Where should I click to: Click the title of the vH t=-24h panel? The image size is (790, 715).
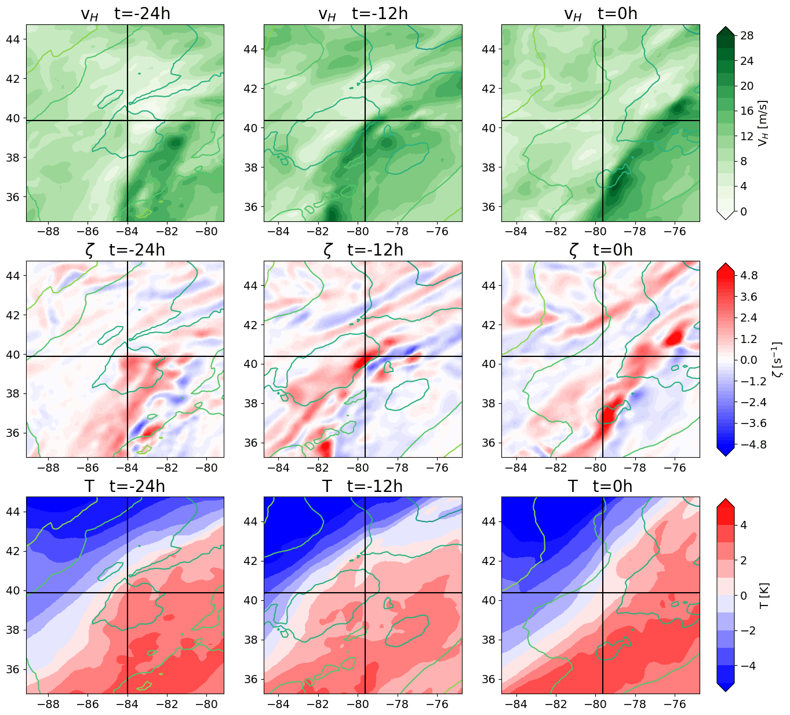(125, 13)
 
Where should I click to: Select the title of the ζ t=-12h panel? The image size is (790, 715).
(363, 250)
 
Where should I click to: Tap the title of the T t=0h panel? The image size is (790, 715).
(600, 486)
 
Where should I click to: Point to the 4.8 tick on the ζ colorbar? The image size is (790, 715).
(749, 276)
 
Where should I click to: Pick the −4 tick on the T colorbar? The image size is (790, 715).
(747, 666)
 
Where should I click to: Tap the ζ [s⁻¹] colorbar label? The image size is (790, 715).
(776, 359)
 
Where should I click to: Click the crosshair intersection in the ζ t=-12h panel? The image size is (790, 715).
(365, 356)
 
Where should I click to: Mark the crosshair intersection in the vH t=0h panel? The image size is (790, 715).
(603, 121)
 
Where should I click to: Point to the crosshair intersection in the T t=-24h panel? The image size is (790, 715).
(127, 593)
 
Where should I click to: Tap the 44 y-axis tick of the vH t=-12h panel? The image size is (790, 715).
(250, 49)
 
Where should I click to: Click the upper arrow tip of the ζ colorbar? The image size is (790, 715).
(727, 262)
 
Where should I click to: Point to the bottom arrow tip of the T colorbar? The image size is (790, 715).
(727, 691)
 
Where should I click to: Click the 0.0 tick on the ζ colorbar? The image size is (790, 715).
(749, 360)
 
